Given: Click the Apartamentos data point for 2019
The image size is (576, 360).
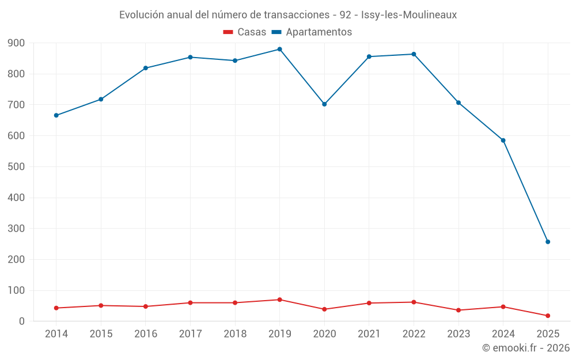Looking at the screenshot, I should tap(279, 49).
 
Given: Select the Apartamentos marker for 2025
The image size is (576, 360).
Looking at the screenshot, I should tap(548, 242).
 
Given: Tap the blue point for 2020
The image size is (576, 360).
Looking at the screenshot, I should tap(324, 104).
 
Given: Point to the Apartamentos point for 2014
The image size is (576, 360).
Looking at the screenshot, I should tap(56, 115).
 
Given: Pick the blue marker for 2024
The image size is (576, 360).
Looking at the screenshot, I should tap(503, 140).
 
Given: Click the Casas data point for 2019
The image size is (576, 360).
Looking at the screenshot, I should tap(279, 300).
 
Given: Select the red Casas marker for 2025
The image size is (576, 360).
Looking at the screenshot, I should tap(548, 316).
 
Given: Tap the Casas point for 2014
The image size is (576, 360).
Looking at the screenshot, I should tap(56, 308).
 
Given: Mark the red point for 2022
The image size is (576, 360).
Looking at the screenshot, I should tap(414, 302).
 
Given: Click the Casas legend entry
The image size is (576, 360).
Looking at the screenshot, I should tap(245, 32).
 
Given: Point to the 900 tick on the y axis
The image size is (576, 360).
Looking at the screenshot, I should tap(17, 43).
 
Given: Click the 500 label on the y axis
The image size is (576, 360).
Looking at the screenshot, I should tap(17, 166).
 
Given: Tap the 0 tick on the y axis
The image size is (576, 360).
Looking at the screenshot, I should tap(22, 321).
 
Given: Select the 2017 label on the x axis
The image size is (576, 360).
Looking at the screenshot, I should tap(190, 334).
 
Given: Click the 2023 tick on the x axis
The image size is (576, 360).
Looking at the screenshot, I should tap(458, 334).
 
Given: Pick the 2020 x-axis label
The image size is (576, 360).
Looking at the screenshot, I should tap(324, 334).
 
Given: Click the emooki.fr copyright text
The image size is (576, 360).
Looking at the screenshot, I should tap(526, 348).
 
